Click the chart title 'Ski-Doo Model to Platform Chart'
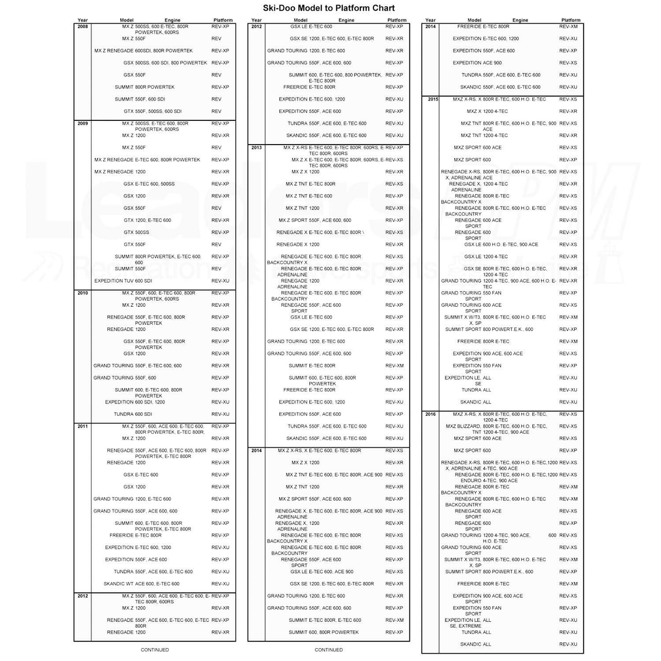tap(328, 8)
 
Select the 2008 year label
tap(82, 26)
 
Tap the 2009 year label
tap(82, 123)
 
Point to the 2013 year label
tap(256, 148)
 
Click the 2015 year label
tap(433, 99)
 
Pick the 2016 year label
tap(431, 414)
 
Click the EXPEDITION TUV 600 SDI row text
tap(123, 281)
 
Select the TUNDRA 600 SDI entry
tap(133, 414)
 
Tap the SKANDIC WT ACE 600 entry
tap(141, 584)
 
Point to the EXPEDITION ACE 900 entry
tap(477, 63)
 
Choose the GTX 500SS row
tap(136, 232)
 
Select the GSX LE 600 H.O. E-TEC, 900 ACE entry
tap(501, 245)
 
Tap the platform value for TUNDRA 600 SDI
tap(220, 414)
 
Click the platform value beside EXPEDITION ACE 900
tap(568, 63)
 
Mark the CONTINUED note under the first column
tap(155, 650)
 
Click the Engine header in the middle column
tap(346, 20)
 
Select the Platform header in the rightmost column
tap(571, 20)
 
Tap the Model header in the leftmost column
tap(126, 20)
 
